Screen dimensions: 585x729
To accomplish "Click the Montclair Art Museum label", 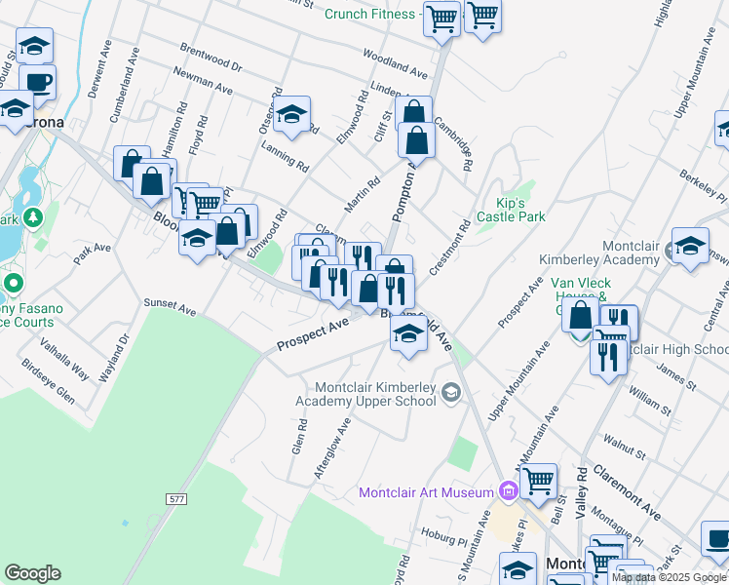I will click(x=426, y=492).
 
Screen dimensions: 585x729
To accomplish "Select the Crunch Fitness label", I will click(x=369, y=14).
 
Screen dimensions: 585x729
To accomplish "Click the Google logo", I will click(x=32, y=573).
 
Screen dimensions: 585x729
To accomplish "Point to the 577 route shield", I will click(x=175, y=498).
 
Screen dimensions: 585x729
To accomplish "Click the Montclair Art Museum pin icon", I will click(x=508, y=489).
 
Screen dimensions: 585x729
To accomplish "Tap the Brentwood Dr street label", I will click(x=210, y=58).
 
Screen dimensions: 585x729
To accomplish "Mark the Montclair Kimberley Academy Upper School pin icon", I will click(x=451, y=392).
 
